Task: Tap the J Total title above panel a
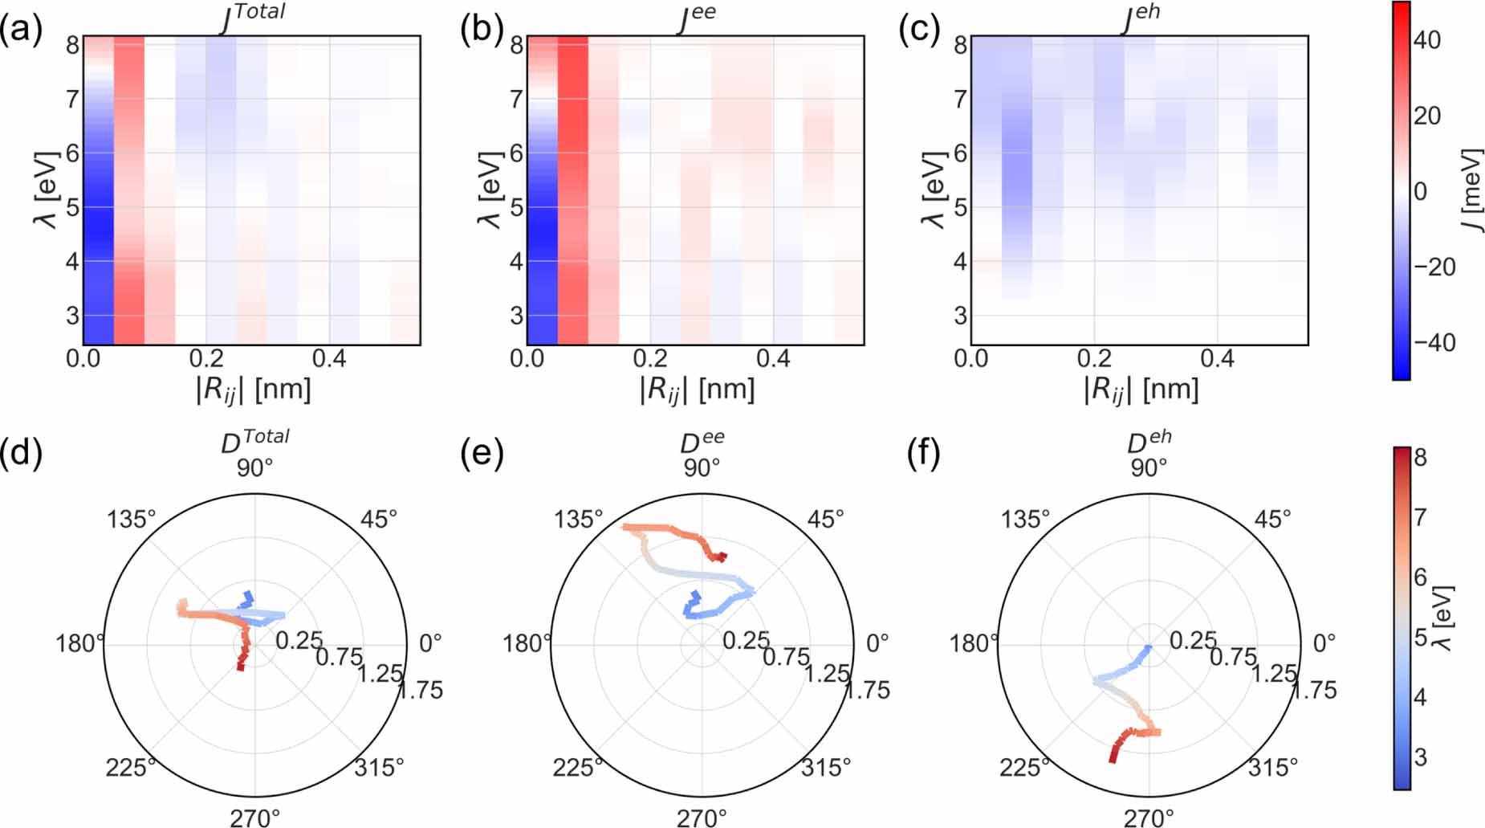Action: (252, 18)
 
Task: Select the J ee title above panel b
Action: (696, 18)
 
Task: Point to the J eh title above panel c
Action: (1141, 18)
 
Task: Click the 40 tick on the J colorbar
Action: (1426, 39)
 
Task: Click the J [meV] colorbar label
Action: (1471, 191)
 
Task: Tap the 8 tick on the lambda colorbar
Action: (1420, 458)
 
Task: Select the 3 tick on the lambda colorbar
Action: (1420, 757)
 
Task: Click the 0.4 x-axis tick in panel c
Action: (1217, 359)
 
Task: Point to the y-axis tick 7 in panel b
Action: (516, 100)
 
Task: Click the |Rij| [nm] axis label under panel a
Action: (253, 390)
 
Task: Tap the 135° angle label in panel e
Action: (578, 520)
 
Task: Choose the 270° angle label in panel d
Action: (255, 818)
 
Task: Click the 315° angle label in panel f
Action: (1272, 768)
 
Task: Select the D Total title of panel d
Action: (254, 441)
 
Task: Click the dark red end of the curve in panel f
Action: (1113, 759)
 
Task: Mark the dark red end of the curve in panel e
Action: (723, 556)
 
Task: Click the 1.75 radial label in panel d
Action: (420, 690)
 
